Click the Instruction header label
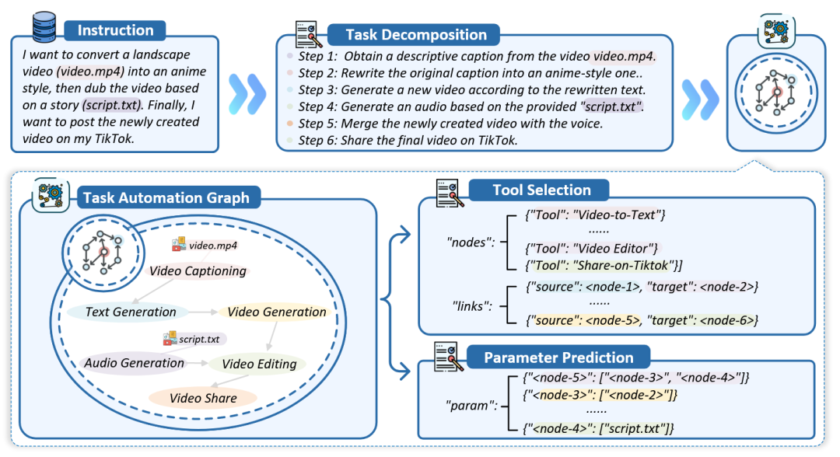pyautogui.click(x=115, y=30)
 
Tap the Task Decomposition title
pyautogui.click(x=416, y=35)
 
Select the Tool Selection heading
pyautogui.click(x=541, y=190)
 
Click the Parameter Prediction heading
pyautogui.click(x=558, y=358)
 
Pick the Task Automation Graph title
pyautogui.click(x=166, y=197)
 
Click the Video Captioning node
pyautogui.click(x=198, y=270)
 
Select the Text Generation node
pyautogui.click(x=130, y=312)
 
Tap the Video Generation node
pyautogui.click(x=276, y=312)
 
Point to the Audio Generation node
pyautogui.click(x=134, y=363)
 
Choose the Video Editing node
pyautogui.click(x=259, y=364)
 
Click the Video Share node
pyautogui.click(x=203, y=398)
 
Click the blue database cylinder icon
pyautogui.click(x=44, y=26)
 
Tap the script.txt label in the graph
pyautogui.click(x=199, y=340)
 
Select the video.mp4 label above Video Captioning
pyautogui.click(x=212, y=246)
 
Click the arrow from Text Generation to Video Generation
pyautogui.click(x=203, y=312)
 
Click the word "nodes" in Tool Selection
pyautogui.click(x=471, y=242)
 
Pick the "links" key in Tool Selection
pyautogui.click(x=472, y=306)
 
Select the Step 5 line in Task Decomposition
pyautogui.click(x=450, y=124)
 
